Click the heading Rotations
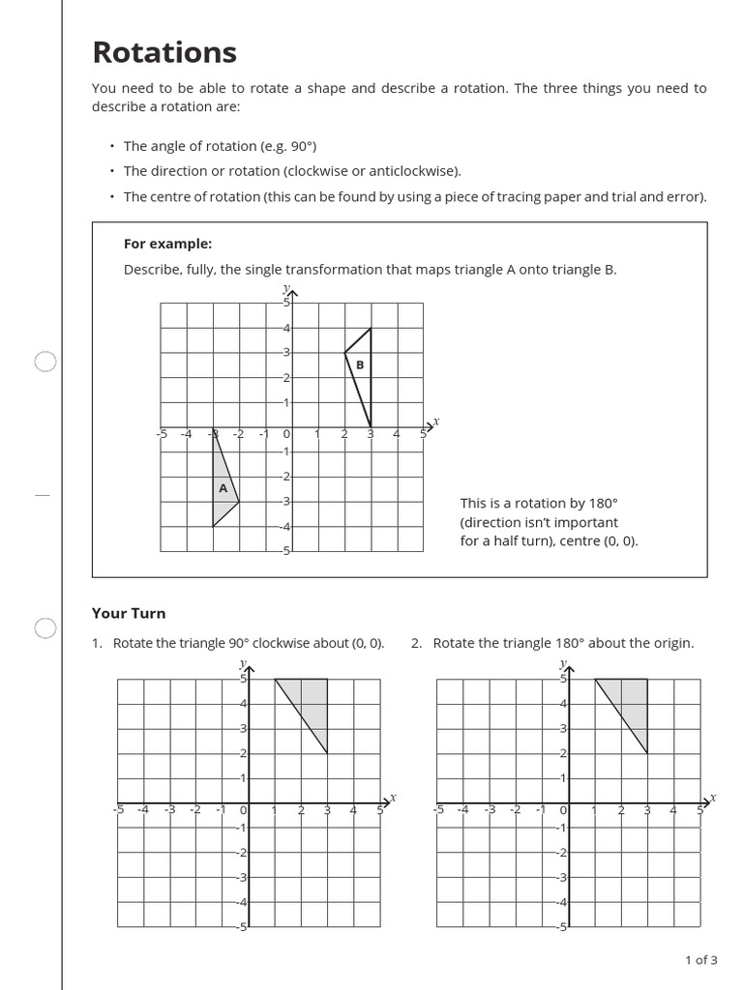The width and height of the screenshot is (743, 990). click(x=163, y=52)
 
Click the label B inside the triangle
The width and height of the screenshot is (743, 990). click(x=360, y=364)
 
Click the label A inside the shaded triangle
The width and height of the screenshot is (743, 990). click(x=223, y=488)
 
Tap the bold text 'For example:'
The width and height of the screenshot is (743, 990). click(x=167, y=244)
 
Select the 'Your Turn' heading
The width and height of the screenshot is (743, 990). click(x=129, y=613)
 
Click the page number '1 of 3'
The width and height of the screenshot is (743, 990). click(x=700, y=960)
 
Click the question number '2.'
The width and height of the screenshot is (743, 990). click(x=417, y=643)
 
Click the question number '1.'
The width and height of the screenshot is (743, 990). click(x=97, y=643)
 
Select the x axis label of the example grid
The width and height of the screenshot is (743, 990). click(x=435, y=422)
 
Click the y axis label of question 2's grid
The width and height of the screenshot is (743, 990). click(x=562, y=663)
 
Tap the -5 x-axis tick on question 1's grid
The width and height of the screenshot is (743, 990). click(x=118, y=810)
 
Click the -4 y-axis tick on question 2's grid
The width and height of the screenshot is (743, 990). click(x=560, y=902)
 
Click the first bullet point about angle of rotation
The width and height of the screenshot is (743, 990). click(x=220, y=146)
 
